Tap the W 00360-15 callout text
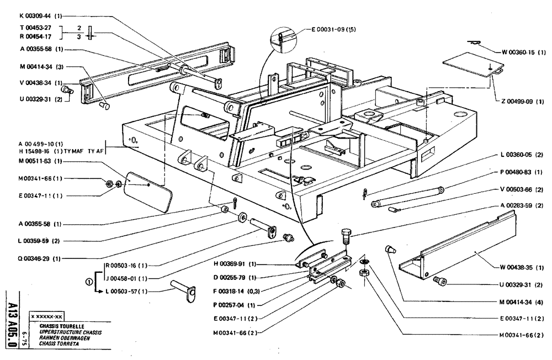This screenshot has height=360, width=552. point(524,52)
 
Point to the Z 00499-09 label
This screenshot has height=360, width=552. point(524,102)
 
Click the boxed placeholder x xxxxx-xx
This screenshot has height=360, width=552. point(47,317)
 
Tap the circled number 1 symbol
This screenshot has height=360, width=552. point(89,282)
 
